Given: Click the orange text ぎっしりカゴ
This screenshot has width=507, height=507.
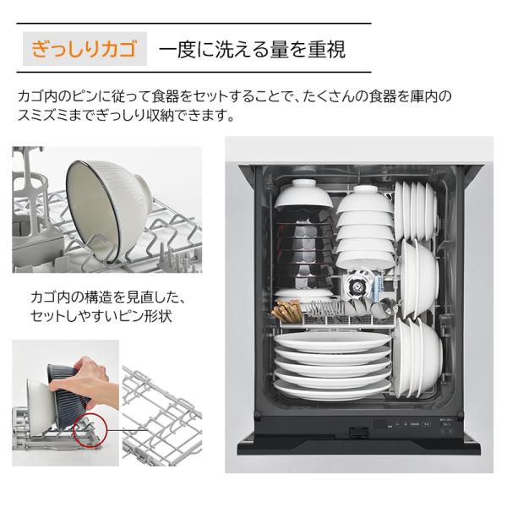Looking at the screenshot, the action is tap(84, 49).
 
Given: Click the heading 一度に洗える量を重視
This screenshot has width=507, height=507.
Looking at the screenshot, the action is tap(252, 49).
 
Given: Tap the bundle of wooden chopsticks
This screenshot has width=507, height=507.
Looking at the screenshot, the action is tap(286, 311).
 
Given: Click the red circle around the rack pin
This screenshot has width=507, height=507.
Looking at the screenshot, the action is tap(90, 429).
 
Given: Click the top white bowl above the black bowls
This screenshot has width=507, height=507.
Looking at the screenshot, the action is tap(303, 194).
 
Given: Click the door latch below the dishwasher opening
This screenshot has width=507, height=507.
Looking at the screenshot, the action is tap(358, 431).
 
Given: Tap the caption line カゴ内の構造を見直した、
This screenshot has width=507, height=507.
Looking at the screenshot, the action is tap(109, 297).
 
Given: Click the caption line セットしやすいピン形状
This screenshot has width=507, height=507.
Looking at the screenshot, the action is tap(101, 316).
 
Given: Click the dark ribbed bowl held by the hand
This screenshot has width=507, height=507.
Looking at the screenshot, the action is tap(68, 388).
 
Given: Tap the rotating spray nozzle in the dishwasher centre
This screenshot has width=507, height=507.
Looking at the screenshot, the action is tap(354, 286).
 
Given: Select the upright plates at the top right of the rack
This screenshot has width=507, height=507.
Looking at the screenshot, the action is tap(415, 210).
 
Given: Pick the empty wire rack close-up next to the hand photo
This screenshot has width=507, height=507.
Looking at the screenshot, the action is tap(162, 416).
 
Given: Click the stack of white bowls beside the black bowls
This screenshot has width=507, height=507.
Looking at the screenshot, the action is tap(365, 227).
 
